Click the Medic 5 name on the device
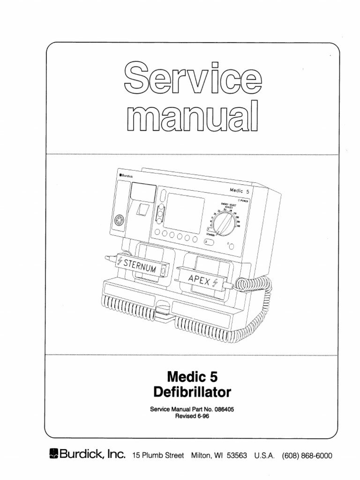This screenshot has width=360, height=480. [242, 189]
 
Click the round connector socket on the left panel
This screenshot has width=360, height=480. [119, 221]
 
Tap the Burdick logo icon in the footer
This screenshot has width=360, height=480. [53, 454]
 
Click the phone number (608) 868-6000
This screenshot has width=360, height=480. [307, 455]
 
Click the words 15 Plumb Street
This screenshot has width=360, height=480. [158, 455]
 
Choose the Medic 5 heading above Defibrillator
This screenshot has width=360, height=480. [192, 376]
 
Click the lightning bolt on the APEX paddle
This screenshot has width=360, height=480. [216, 282]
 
